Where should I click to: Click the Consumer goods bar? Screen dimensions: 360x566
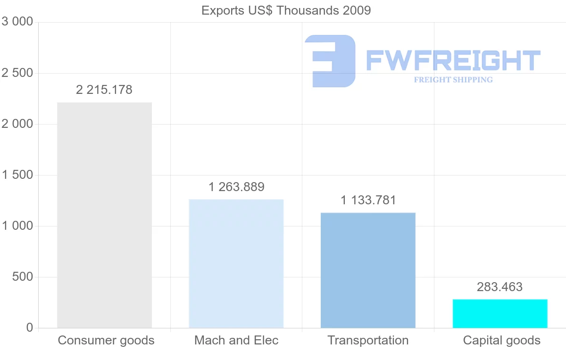point(104,215)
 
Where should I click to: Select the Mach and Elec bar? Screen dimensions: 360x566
point(236,263)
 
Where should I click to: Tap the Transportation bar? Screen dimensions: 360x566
point(368,270)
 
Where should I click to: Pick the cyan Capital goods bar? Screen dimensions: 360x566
point(500,313)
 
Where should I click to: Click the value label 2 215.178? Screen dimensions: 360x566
point(104,90)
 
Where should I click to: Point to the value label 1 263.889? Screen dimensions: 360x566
point(236,187)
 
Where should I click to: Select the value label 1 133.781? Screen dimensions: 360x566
point(368,200)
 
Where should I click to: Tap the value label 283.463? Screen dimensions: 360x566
point(500,287)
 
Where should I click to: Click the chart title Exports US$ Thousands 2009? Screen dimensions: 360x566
point(286,10)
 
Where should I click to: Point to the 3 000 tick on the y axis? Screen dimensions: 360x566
point(17,22)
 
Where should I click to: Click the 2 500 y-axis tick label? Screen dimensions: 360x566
point(17,73)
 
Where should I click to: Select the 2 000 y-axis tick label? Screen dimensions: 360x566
point(17,124)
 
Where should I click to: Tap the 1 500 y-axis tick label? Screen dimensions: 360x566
point(17,175)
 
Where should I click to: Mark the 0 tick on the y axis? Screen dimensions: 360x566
point(29,328)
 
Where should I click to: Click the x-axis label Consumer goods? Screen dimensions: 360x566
point(106,340)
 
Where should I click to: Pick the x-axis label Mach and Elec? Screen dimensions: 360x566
point(236,340)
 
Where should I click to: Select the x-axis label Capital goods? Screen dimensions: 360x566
point(502,340)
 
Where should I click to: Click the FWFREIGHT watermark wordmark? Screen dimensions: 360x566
point(453,60)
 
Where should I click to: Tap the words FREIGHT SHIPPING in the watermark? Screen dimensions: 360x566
point(453,80)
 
